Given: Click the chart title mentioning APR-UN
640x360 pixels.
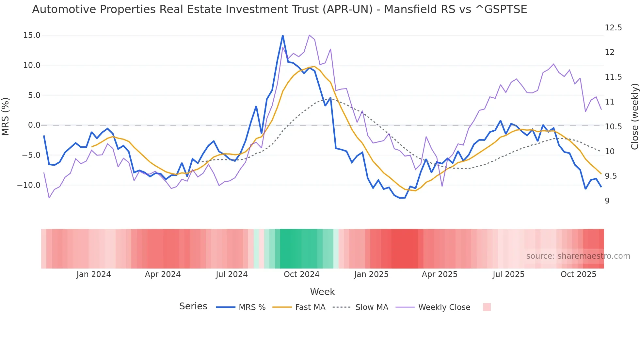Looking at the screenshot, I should pos(280,9).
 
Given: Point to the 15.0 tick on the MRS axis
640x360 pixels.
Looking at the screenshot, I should pos(32,35).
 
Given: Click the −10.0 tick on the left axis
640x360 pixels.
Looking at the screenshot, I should pos(29,185).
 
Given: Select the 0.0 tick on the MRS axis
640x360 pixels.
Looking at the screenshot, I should pos(34,125).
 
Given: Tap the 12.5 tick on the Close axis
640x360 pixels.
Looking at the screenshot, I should pos(613,28).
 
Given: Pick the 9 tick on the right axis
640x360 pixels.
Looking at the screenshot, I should pos(607,201).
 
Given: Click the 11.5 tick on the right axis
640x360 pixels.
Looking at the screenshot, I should pos(613,77).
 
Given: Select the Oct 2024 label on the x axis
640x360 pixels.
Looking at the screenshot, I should pos(301,274).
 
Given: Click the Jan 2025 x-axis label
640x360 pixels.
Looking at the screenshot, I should pos(371,274).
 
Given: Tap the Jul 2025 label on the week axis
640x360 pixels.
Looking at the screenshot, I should pos(508,274).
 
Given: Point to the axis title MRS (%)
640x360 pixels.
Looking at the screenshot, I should pos(6,117).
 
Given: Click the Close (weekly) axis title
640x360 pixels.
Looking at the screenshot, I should pos(634,117).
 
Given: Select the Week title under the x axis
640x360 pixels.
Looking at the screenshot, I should pos(322,292).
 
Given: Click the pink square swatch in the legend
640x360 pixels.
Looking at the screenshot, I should pos(487,307).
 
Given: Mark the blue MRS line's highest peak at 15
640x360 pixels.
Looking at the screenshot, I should pos(283,35).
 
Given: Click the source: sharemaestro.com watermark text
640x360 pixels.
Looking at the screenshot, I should pos(578,256).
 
